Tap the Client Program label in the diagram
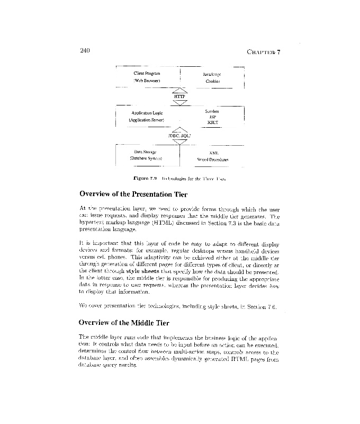(147, 73)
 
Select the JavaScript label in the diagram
(212, 75)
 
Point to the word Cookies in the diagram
(213, 82)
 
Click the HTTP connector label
(179, 96)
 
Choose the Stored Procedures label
(212, 159)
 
